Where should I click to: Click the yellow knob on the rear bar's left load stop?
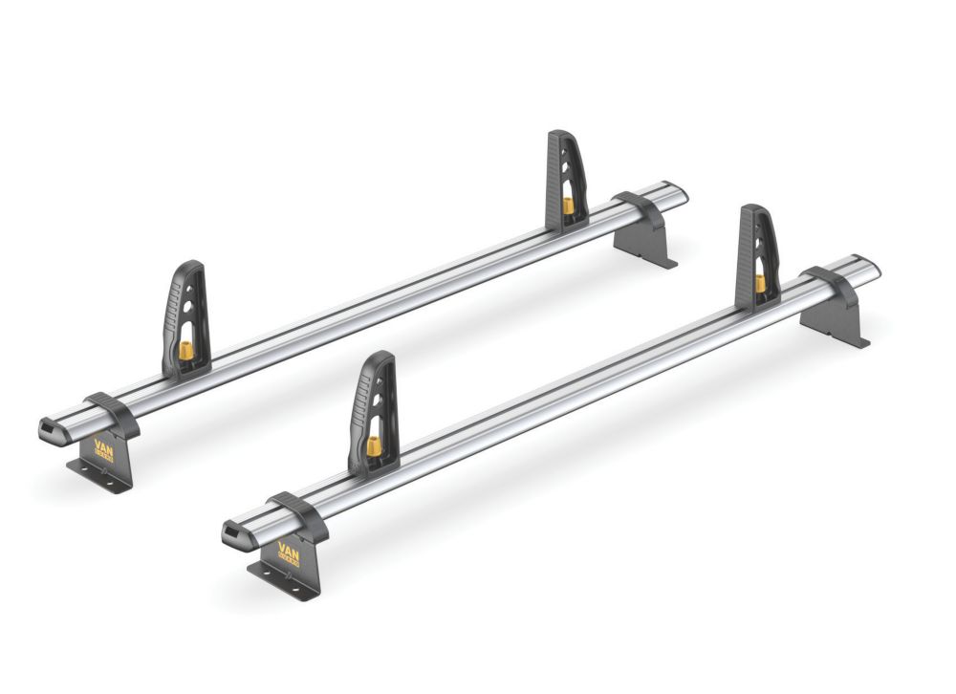(185, 350)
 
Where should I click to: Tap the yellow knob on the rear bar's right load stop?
(568, 206)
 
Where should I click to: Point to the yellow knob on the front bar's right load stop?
(760, 282)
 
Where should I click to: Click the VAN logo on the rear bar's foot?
(102, 449)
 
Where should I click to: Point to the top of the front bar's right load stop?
(754, 210)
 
